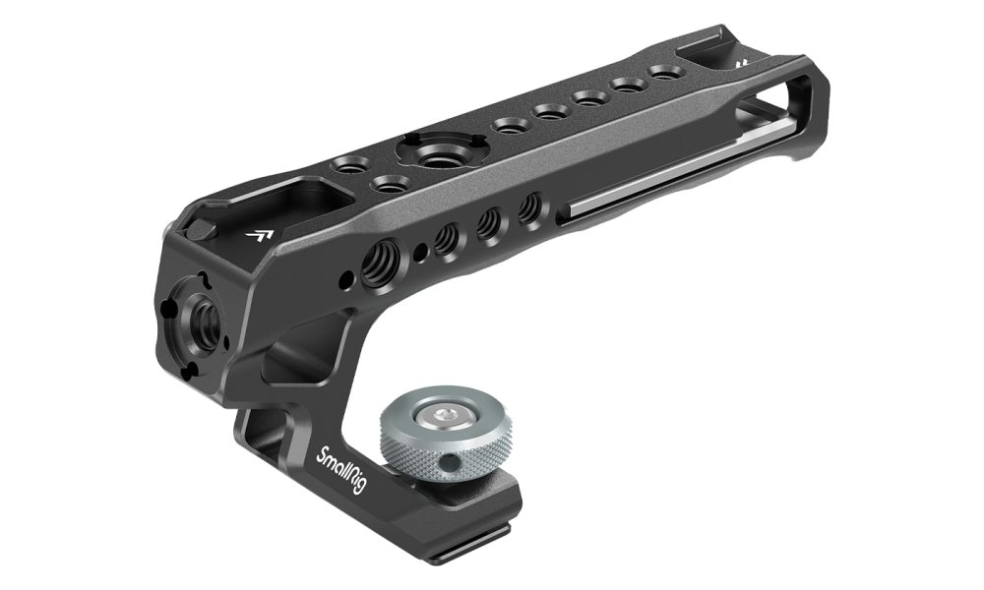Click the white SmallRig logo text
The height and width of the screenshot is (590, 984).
(x=340, y=470)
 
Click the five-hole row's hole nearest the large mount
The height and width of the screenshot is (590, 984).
(x=509, y=126)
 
